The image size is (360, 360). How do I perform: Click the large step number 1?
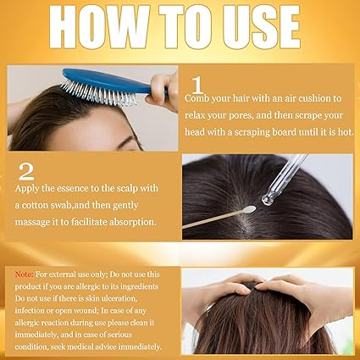[x=197, y=86]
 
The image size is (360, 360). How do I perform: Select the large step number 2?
[x=26, y=171]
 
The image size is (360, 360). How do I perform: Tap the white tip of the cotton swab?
[x=249, y=209]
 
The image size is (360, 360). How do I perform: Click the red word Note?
[x=24, y=274]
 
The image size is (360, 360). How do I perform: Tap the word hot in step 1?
[x=346, y=132]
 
